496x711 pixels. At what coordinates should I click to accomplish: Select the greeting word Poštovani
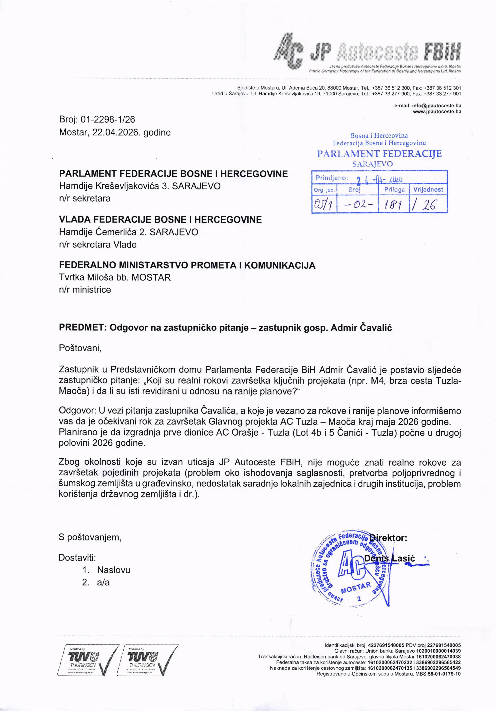(x=80, y=348)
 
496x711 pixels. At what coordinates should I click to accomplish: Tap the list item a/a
(x=103, y=583)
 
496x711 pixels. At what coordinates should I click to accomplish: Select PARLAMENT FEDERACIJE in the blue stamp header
(x=379, y=154)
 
